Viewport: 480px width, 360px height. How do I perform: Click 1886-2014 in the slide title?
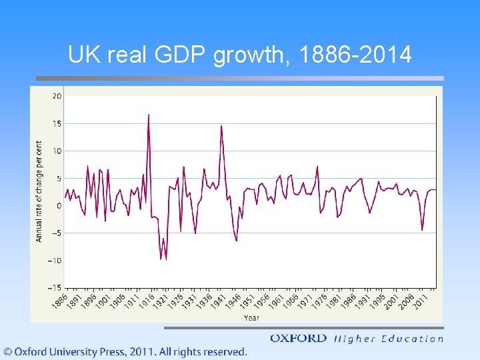pos(356,55)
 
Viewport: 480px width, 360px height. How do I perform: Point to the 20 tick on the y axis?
pos(57,96)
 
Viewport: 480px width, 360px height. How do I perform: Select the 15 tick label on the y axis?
pos(57,123)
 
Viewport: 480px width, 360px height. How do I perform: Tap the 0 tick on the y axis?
pos(59,205)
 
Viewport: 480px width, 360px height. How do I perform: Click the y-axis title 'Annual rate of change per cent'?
pos(39,191)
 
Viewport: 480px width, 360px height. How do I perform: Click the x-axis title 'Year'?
pos(251,318)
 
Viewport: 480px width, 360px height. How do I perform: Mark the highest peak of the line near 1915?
pos(149,115)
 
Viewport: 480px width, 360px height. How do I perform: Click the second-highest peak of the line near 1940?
pos(221,126)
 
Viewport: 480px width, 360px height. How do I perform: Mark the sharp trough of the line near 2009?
pos(422,230)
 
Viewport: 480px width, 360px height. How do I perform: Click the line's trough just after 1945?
pos(237,241)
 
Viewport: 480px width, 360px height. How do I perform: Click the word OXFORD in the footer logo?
pos(298,339)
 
